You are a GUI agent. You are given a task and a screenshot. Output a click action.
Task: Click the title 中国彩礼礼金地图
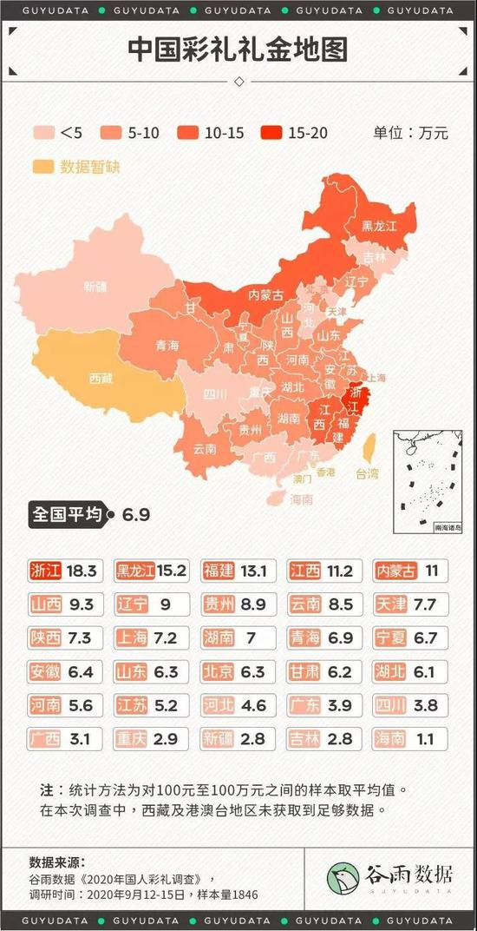238,50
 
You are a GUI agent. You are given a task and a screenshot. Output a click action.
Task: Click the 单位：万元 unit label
410,133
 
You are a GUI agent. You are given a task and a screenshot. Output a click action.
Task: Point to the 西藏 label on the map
101,379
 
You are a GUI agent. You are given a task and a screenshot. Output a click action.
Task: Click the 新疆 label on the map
95,286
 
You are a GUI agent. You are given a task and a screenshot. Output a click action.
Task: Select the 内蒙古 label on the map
266,294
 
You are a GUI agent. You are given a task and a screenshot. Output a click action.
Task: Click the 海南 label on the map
301,499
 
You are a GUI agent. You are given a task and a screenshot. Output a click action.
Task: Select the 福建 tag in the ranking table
219,571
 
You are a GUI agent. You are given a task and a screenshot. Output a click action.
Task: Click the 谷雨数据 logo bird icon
343,877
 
